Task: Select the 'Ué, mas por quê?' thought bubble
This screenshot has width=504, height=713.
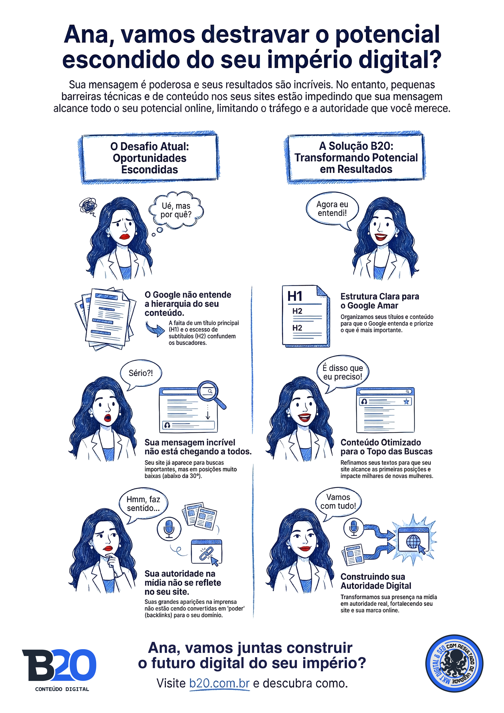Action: [176, 210]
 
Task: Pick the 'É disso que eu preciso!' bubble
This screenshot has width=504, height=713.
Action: [342, 372]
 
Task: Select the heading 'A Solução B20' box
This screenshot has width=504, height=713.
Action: [356, 158]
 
